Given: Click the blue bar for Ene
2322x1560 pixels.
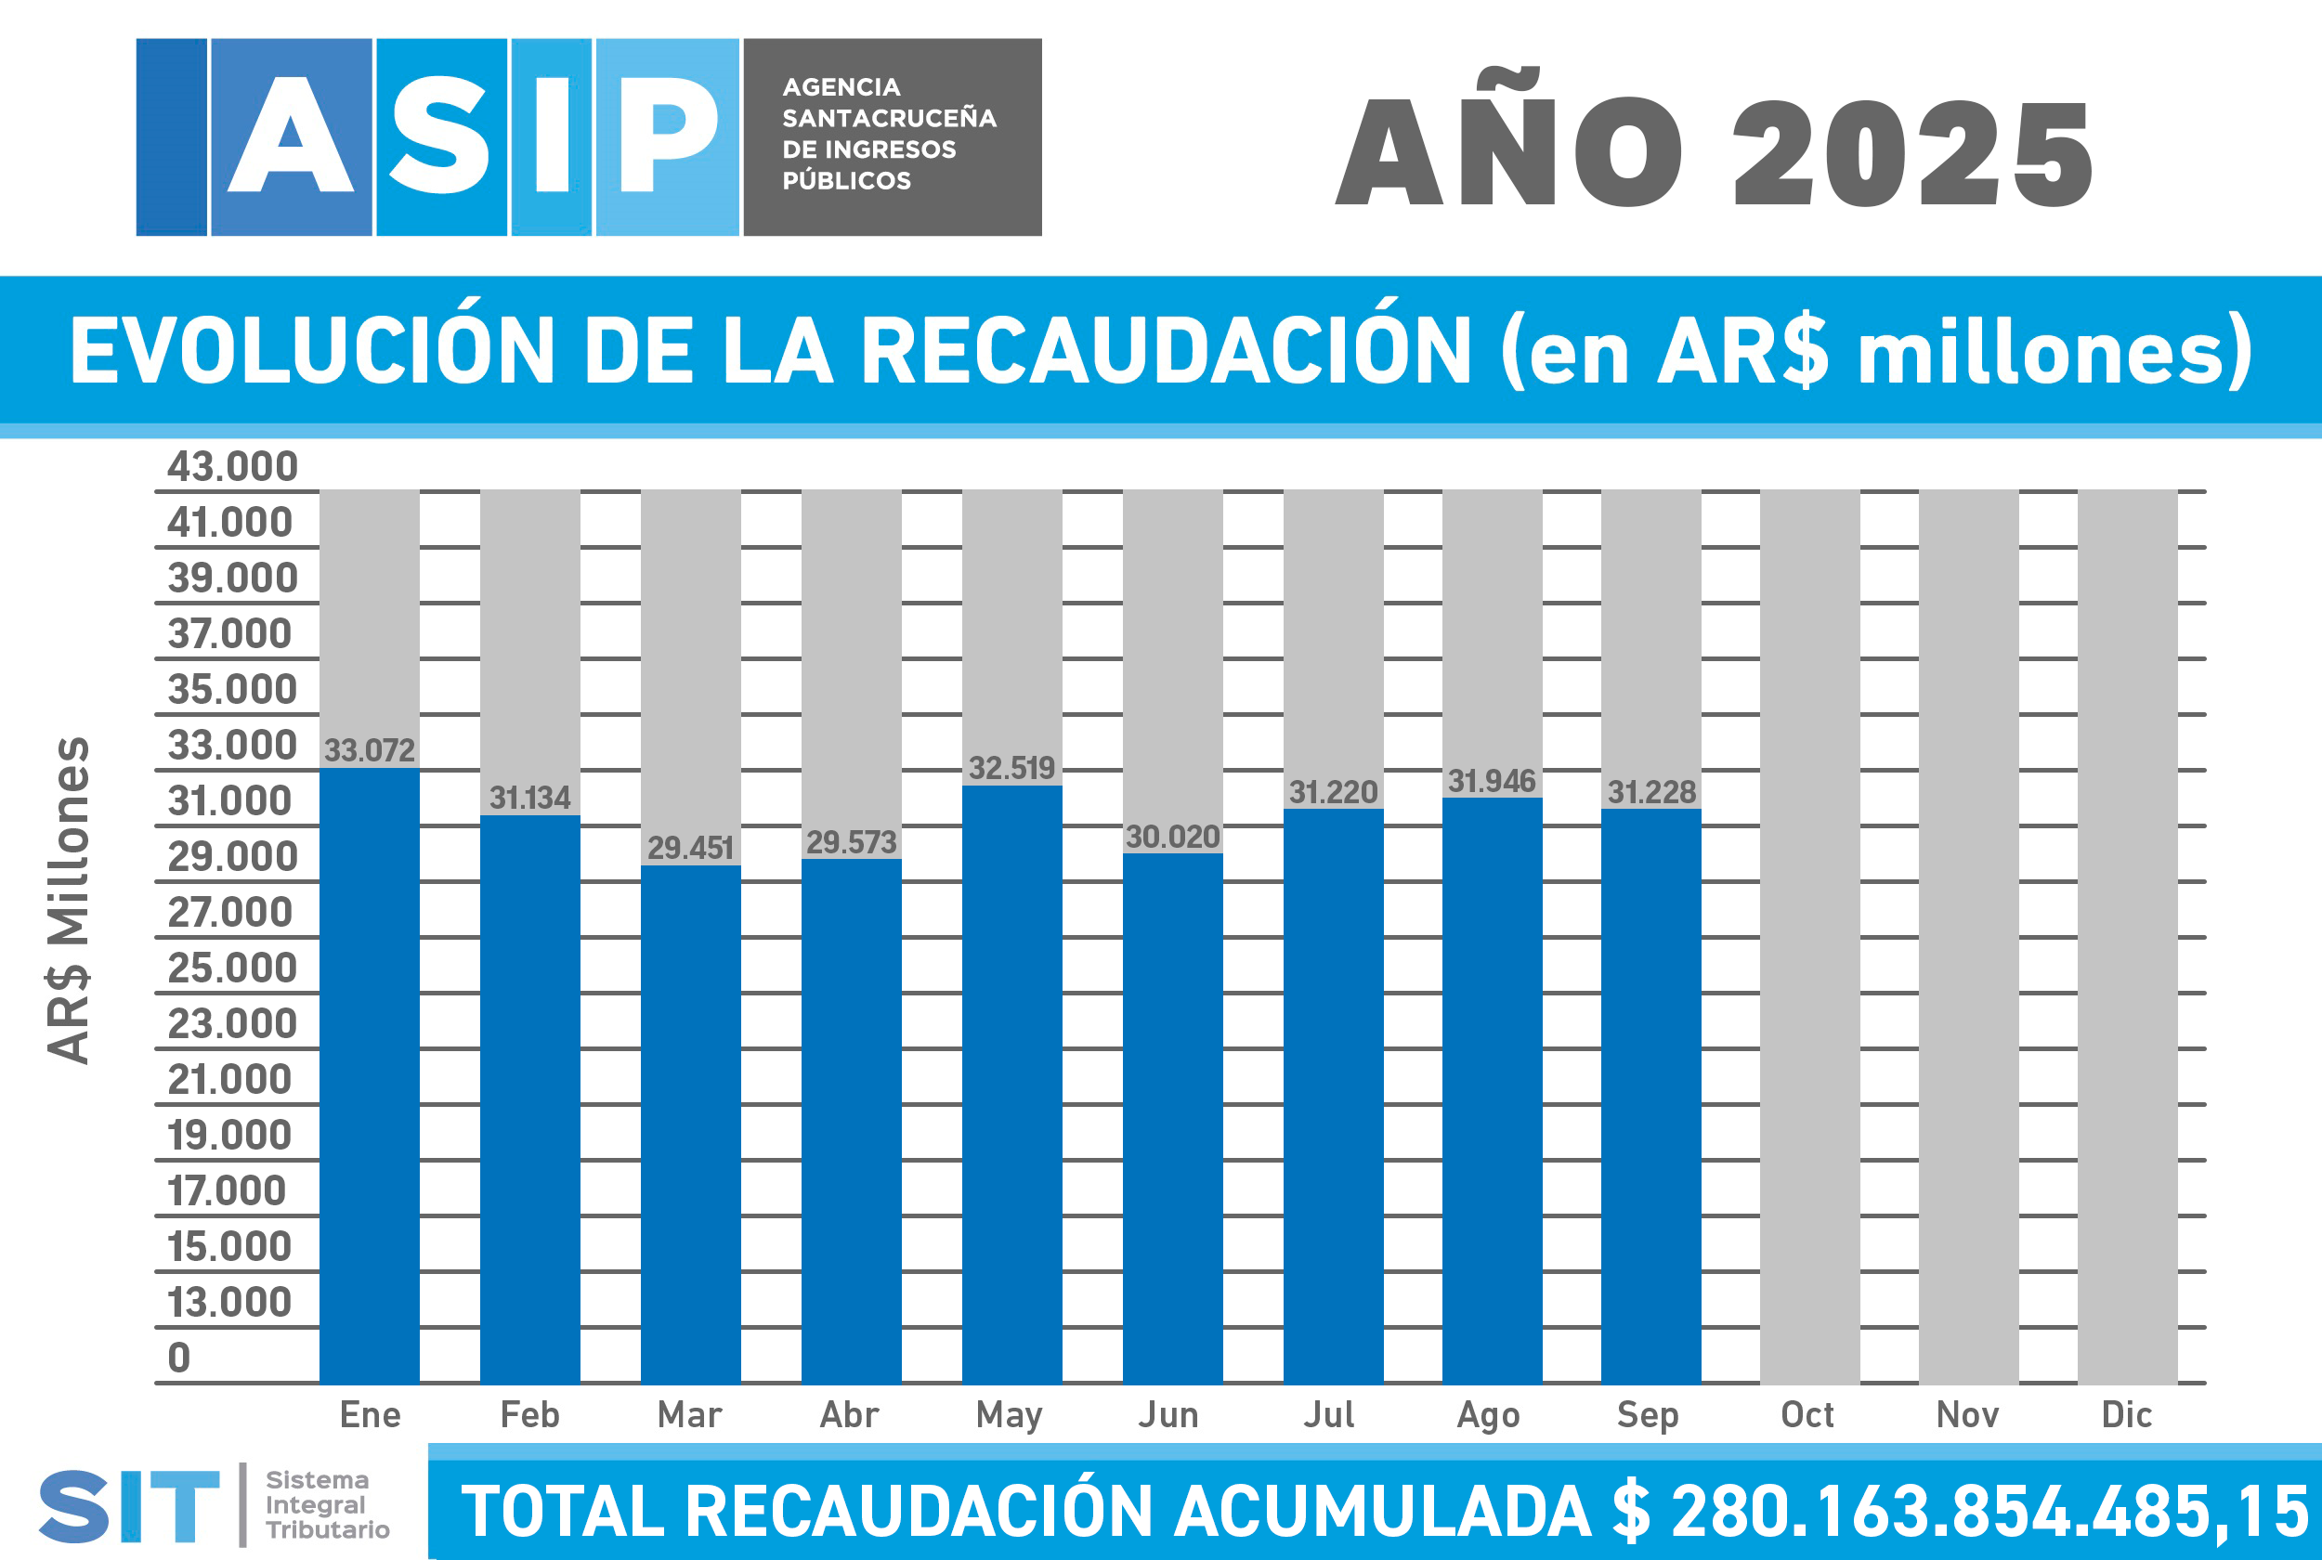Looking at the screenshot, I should [x=369, y=1074].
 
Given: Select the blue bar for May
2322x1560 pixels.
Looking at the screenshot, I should [x=1011, y=1085].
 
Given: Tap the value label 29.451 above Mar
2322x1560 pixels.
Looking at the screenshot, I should [x=690, y=848].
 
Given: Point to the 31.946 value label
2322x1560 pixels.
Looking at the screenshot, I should [x=1492, y=781].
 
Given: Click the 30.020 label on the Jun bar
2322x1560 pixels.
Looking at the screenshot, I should [x=1172, y=837].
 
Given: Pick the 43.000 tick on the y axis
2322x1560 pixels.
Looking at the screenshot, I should [x=232, y=466].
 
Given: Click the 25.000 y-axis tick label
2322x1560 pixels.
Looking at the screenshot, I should [x=232, y=968].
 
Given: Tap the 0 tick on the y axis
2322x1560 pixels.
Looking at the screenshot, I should [x=179, y=1357].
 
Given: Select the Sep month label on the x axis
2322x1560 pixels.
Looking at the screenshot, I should [x=1648, y=1415].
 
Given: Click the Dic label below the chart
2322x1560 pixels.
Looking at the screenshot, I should [x=2126, y=1415].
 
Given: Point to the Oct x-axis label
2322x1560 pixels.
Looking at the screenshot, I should [x=1807, y=1415].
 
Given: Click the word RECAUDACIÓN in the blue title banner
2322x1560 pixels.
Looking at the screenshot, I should [x=1165, y=350].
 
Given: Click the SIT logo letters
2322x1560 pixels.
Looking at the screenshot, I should [x=129, y=1506].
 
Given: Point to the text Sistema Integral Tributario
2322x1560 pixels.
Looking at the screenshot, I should [x=326, y=1504].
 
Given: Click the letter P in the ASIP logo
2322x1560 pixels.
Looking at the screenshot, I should [x=668, y=136].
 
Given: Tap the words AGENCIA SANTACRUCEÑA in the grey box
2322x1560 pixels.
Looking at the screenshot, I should [x=889, y=102].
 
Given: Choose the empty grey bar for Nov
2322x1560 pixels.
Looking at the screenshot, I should [x=1968, y=935].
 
